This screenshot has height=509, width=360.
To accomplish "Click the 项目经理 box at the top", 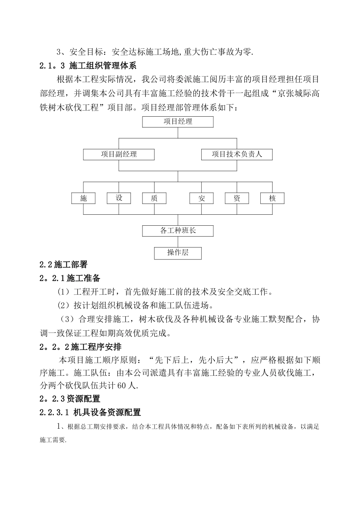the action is click(x=178, y=122).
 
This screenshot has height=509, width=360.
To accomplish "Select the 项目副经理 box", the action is click(x=119, y=155).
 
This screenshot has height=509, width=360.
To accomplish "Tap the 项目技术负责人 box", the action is click(x=236, y=155).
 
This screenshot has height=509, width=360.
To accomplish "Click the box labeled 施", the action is click(x=83, y=198).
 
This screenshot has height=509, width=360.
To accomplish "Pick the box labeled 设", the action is click(x=119, y=198).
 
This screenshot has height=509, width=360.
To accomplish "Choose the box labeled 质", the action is click(x=154, y=198).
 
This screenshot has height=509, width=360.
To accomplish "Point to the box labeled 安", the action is click(x=202, y=198).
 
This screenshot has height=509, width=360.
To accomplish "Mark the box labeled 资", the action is click(x=237, y=198).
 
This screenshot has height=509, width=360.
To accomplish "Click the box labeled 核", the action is click(x=272, y=198).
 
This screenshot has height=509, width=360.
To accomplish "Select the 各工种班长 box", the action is click(x=178, y=231).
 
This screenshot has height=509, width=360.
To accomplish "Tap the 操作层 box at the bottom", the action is click(x=178, y=253).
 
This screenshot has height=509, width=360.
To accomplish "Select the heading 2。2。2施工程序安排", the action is click(x=80, y=347).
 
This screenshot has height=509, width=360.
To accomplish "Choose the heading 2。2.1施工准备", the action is click(x=70, y=278).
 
